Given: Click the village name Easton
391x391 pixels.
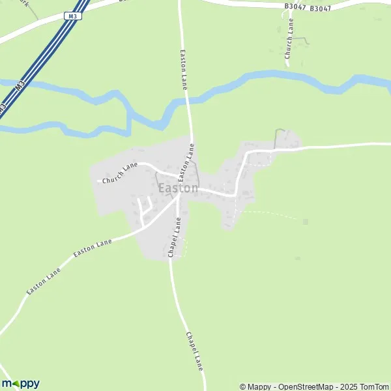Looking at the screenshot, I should [x=178, y=188].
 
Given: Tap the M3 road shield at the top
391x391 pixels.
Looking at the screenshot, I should [x=71, y=16].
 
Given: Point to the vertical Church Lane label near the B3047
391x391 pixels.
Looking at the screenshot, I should [x=289, y=39].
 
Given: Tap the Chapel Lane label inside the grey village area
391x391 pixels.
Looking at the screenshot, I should [x=174, y=237].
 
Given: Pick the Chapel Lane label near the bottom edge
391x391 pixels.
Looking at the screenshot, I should [x=195, y=352].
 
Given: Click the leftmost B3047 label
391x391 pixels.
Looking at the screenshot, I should [x=295, y=7].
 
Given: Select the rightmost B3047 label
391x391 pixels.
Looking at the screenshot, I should [x=321, y=8].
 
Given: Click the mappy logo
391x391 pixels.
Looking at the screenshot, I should [x=20, y=383].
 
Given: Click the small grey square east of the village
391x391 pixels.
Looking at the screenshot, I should [x=305, y=222].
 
